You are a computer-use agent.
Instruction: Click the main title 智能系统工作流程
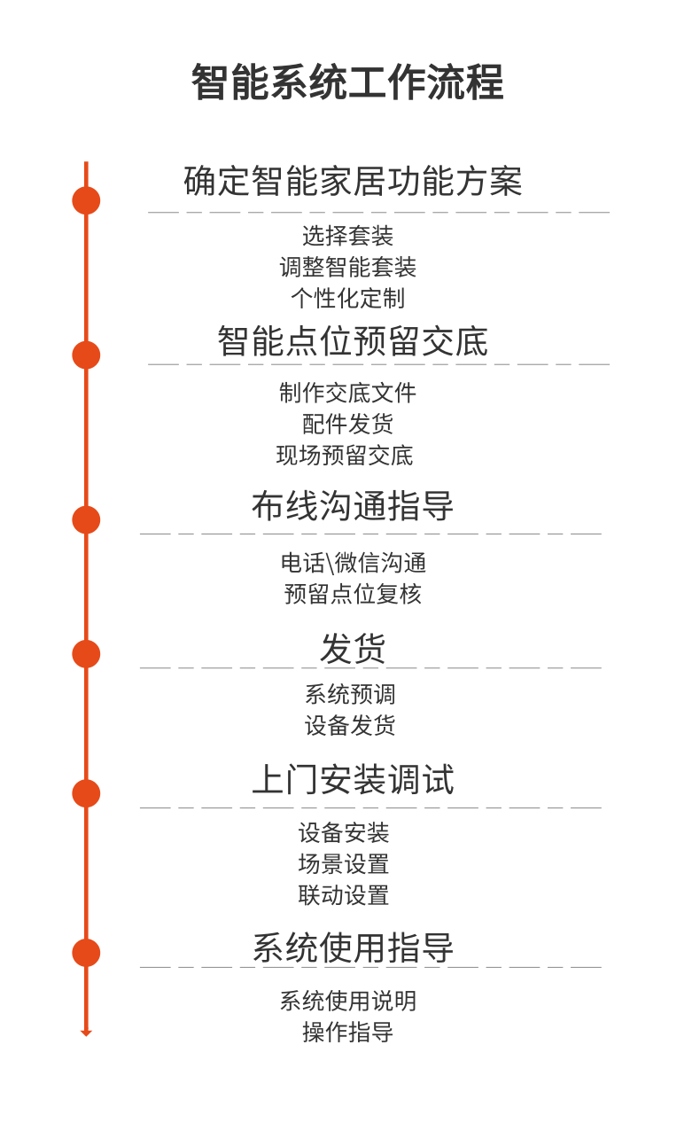coord(347,82)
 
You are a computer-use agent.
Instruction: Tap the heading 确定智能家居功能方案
coord(353,182)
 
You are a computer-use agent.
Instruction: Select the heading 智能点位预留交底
coord(353,341)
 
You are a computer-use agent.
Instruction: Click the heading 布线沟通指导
coord(353,506)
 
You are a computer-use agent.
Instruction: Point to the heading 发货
coord(353,648)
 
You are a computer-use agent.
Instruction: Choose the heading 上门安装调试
coord(353,780)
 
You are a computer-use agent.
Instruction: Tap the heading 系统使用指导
coord(353,948)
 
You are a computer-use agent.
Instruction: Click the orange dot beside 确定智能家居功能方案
coord(86,200)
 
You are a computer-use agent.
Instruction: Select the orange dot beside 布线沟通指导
coord(86,519)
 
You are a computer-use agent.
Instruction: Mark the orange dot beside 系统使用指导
coord(86,953)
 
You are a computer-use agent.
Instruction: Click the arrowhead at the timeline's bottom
coord(86,1032)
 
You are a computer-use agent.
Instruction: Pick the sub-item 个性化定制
coord(347,298)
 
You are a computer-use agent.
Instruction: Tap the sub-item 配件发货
coord(347,424)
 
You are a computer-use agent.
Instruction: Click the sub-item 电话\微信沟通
coord(354,563)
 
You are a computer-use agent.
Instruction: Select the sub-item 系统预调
coord(350,694)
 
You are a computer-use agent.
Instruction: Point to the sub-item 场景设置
coord(344,864)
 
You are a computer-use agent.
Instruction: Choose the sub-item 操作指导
coord(347,1032)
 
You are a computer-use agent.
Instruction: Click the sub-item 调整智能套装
coord(347,267)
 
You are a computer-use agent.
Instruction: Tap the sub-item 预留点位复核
coord(353,594)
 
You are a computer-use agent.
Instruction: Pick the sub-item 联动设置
coord(344,895)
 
